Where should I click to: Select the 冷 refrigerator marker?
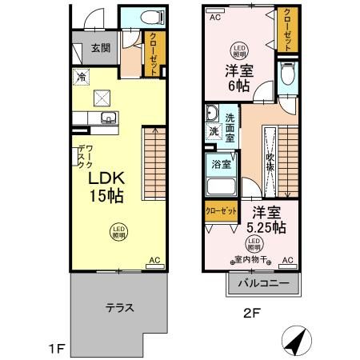pos(82,77)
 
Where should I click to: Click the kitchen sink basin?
pos(108,120)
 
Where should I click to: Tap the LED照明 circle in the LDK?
pos(117,231)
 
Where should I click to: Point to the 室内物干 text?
pos(251,259)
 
